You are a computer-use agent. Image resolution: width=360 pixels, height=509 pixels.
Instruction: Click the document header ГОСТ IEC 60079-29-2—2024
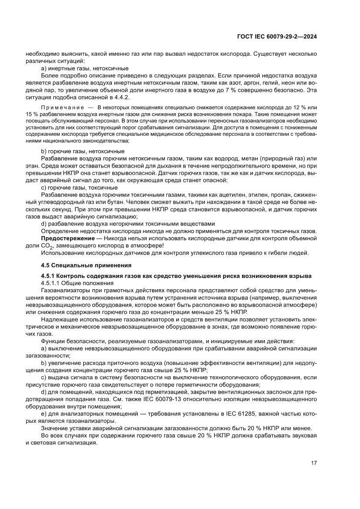point(276,37)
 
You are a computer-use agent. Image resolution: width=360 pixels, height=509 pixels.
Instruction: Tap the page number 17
point(313,462)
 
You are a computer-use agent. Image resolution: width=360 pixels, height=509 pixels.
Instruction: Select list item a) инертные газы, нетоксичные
point(84,68)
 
